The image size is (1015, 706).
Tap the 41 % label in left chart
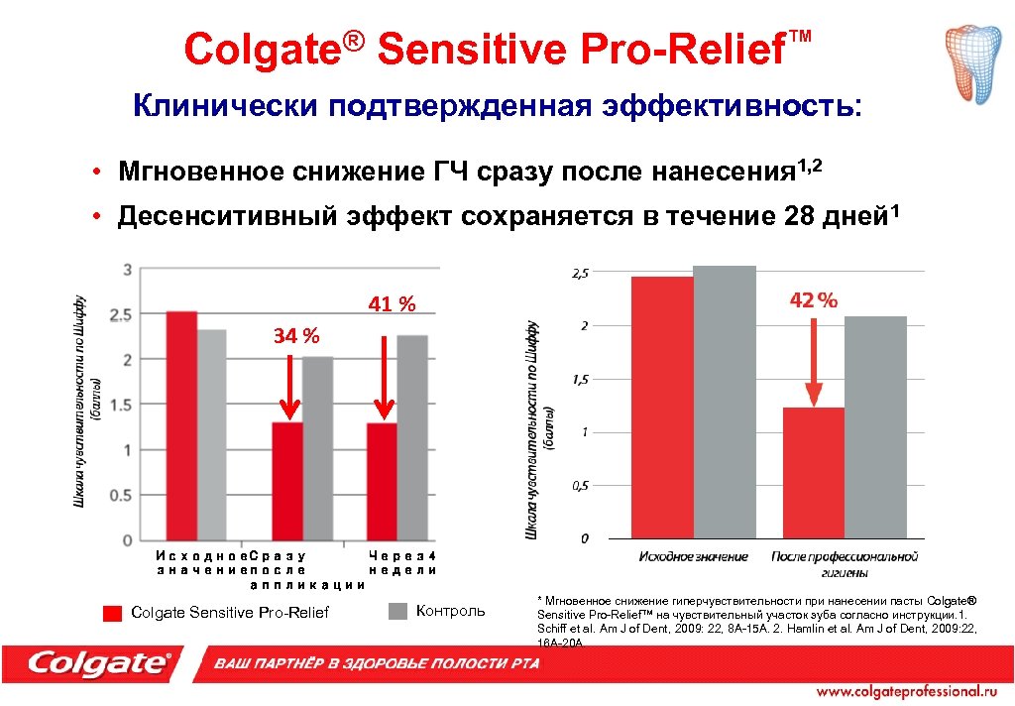392,304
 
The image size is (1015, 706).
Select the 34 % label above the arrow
296,337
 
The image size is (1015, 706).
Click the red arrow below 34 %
288,389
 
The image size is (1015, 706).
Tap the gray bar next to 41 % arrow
411,436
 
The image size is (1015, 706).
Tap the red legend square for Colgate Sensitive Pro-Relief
112,612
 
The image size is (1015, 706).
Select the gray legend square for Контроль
397,611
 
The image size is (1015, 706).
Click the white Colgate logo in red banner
99,663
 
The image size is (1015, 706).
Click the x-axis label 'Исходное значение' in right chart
693,556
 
